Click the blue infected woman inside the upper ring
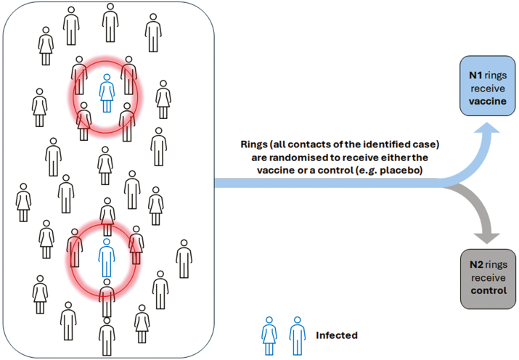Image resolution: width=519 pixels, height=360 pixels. [107, 94]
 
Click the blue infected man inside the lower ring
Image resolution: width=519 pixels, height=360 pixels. [107, 258]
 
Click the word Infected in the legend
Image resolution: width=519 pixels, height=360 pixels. [337, 335]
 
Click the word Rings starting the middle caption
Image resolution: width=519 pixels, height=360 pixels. [254, 144]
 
